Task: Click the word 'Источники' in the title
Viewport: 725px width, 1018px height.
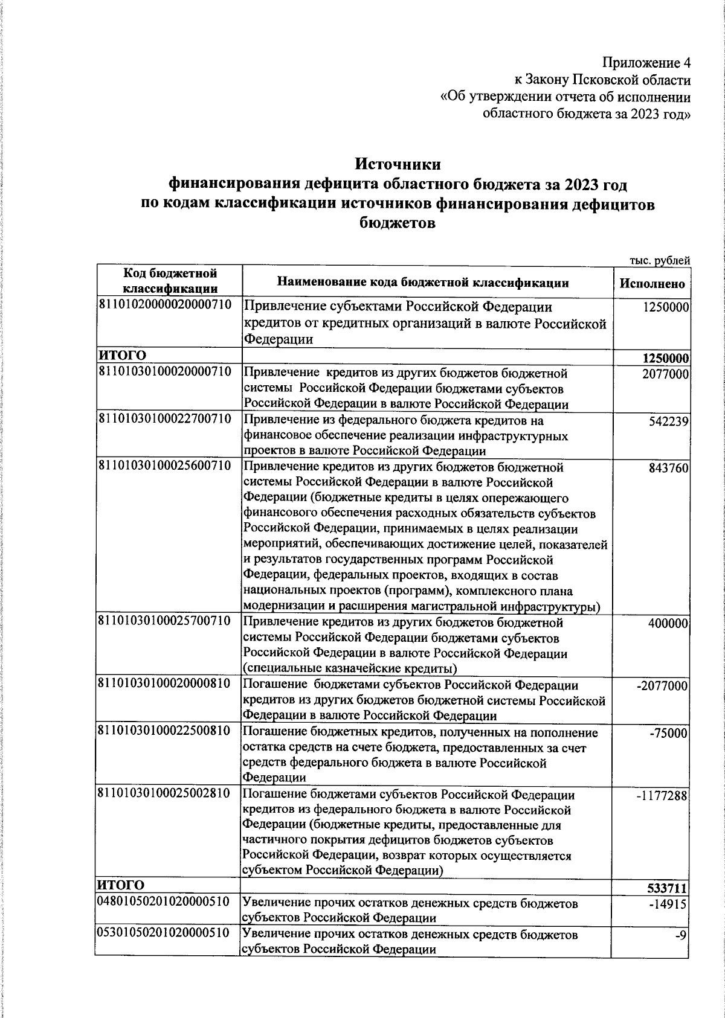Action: pyautogui.click(x=398, y=164)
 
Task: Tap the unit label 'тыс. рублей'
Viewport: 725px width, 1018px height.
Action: pyautogui.click(x=660, y=261)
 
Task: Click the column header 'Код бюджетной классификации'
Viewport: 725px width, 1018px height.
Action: pyautogui.click(x=169, y=281)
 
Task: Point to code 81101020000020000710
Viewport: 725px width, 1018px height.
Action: pyautogui.click(x=165, y=304)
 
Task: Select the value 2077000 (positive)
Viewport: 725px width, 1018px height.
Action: pyautogui.click(x=666, y=374)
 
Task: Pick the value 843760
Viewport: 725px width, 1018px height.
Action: pyautogui.click(x=669, y=469)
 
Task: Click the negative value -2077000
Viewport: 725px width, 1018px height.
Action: pyautogui.click(x=663, y=687)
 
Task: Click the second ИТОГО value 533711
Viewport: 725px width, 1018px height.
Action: pyautogui.click(x=669, y=888)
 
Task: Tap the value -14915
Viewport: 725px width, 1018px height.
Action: pyautogui.click(x=670, y=904)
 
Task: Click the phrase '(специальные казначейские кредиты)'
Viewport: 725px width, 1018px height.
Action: pyautogui.click(x=350, y=669)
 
